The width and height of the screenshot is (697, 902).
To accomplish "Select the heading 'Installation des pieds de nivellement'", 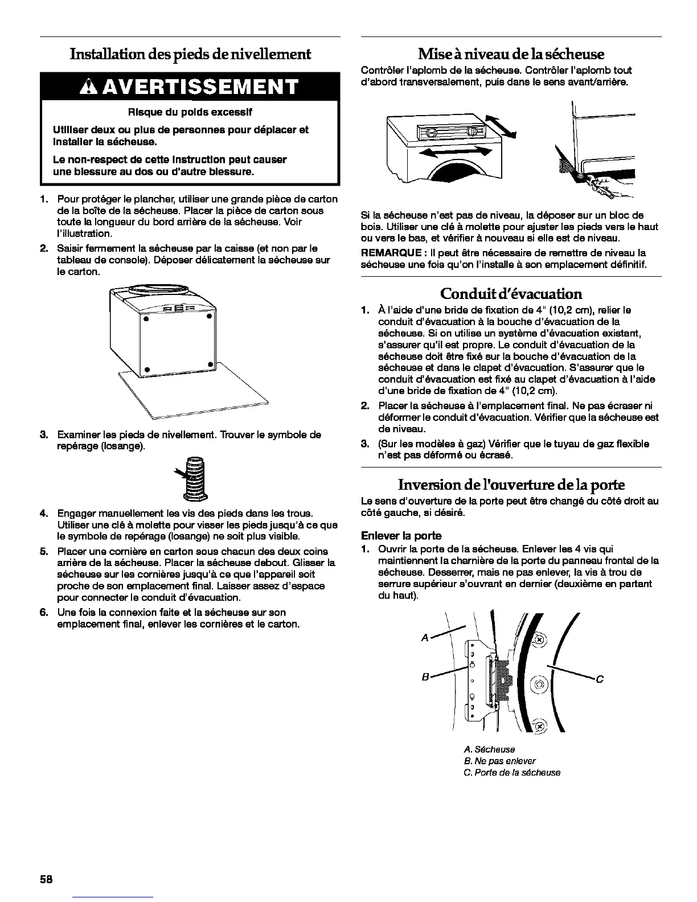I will tap(190, 54).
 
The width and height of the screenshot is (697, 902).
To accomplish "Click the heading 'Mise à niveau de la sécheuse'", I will tap(511, 54).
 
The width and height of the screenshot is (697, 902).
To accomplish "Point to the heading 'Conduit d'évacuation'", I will tap(511, 294).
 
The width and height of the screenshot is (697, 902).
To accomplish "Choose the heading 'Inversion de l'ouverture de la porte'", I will tap(511, 485).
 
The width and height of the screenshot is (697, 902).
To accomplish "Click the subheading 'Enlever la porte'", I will tap(401, 535).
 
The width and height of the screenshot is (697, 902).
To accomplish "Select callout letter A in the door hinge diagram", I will tap(424, 638).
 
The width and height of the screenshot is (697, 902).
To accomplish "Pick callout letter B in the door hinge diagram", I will tap(425, 677).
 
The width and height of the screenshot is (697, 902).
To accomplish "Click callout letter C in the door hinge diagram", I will tap(599, 679).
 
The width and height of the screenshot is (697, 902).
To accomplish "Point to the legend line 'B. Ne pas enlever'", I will tap(500, 761).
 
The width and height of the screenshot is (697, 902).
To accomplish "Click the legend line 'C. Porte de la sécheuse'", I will tap(512, 773).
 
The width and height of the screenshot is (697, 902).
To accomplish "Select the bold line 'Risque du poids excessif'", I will tap(190, 112).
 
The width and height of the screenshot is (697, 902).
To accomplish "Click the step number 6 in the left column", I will tap(43, 612).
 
